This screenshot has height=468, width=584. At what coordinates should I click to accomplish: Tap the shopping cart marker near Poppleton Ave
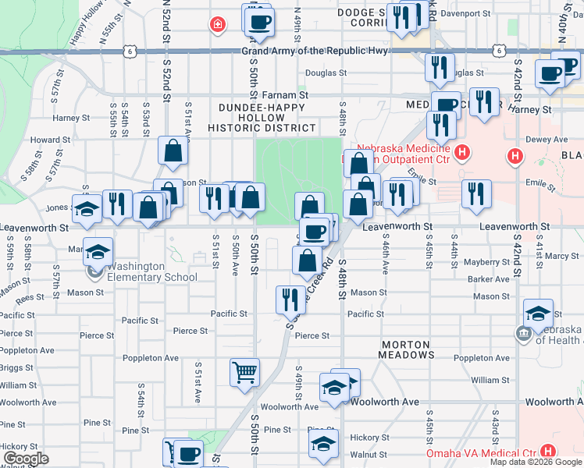(245, 372)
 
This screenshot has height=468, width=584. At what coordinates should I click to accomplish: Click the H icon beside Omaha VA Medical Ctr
(548, 452)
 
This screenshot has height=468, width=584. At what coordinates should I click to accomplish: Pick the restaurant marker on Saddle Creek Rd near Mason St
(290, 299)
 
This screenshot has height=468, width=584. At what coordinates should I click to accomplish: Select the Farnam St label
(286, 94)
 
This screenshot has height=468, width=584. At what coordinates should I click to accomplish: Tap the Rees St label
(30, 298)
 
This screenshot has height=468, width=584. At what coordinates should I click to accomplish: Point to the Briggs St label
(17, 367)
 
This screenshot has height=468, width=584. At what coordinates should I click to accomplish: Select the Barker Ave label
(490, 278)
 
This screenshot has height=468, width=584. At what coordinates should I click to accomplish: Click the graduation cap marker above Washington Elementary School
(98, 252)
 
